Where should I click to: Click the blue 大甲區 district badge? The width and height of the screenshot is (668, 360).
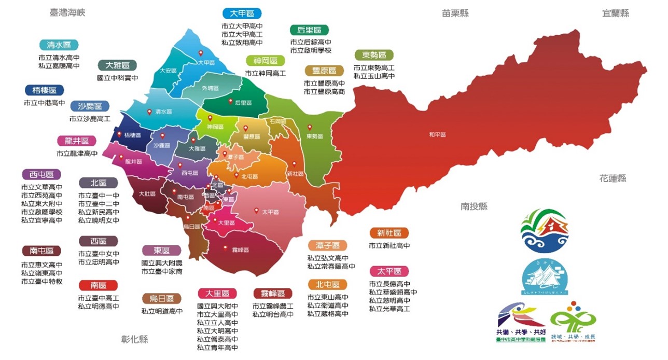coord(242,13)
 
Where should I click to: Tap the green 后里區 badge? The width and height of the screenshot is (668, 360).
coord(309,30)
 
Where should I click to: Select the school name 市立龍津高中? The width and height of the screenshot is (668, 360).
coord(77,154)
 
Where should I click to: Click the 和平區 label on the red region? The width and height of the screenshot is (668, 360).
coord(437,134)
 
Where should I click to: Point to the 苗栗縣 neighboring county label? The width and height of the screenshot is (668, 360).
coord(455,13)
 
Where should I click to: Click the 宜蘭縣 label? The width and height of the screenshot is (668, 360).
coord(616,13)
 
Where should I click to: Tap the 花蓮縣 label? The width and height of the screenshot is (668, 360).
coord(613,178)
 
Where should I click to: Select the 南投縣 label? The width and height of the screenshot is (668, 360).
coord(474,206)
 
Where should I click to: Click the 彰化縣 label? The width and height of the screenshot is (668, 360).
coord(134,339)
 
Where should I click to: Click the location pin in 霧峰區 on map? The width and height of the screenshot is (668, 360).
coord(225,248)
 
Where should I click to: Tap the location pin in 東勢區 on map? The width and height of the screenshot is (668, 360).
coord(310,127)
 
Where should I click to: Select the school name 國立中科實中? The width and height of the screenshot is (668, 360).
coord(118,78)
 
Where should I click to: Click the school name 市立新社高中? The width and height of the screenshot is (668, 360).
coord(389,246)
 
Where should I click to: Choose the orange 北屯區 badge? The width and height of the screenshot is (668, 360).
coord(327,284)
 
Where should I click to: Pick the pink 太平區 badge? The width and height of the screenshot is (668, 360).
coord(389,271)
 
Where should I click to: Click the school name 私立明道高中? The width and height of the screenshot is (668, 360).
coord(162,311)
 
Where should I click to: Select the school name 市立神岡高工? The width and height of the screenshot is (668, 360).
coord(265,74)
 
